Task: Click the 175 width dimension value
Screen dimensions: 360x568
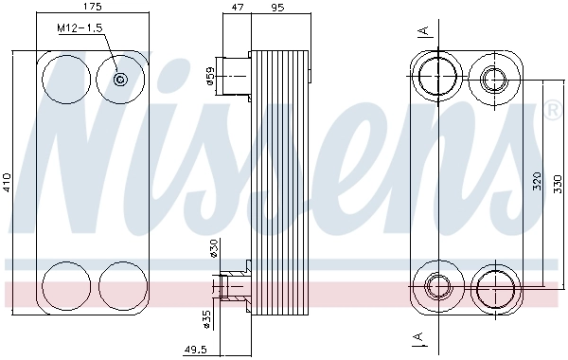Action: tap(91, 8)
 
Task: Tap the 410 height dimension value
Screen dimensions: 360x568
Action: tap(8, 181)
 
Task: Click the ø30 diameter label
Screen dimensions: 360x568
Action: tap(214, 247)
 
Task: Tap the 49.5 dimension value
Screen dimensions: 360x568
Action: tap(195, 351)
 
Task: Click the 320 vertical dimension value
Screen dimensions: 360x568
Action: tap(536, 181)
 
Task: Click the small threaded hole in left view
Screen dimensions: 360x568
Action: tap(120, 80)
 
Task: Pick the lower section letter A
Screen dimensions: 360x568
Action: tap(417, 337)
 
